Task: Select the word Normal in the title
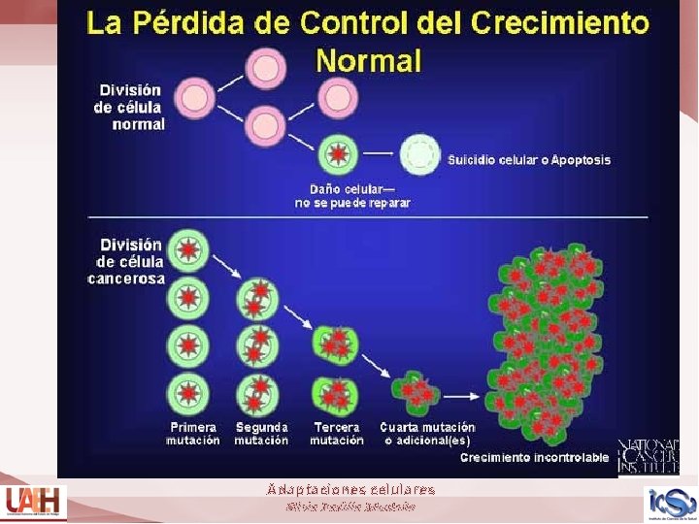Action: pos(369,61)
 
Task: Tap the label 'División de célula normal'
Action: pos(129,107)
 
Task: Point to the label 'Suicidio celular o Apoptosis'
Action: pos(529,159)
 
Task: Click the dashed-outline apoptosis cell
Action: pos(419,154)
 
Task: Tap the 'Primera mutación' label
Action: pos(192,433)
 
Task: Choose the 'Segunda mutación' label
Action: pos(261,433)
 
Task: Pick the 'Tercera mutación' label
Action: pos(337,433)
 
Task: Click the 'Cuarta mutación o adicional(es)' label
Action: pos(427,433)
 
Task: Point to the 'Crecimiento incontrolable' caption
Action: pos(535,457)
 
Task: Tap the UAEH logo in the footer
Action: pos(32,503)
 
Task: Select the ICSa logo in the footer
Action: pos(671,503)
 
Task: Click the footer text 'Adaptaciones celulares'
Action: pos(350,490)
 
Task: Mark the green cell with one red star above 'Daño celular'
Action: pos(339,155)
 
